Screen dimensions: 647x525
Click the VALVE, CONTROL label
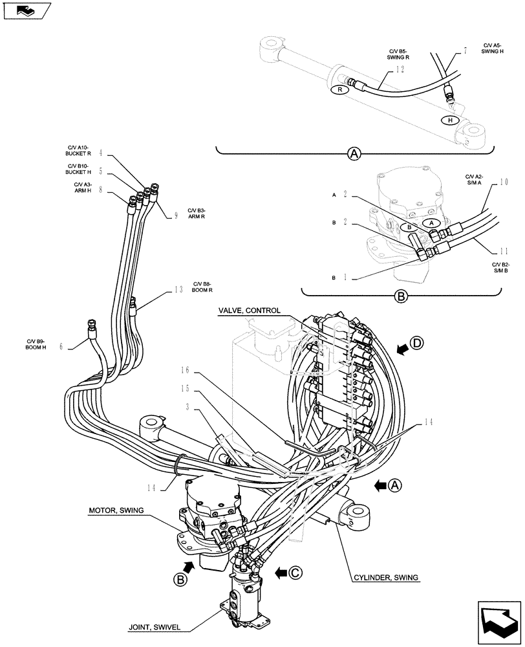click(x=249, y=310)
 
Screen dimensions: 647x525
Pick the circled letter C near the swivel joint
click(x=295, y=571)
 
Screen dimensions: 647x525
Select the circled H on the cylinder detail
click(x=449, y=120)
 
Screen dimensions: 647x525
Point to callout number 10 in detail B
click(x=504, y=182)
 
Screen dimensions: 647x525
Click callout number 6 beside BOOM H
click(x=61, y=346)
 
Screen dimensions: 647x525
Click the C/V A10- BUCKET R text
click(x=79, y=150)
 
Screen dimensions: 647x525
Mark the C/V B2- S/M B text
click(x=501, y=268)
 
